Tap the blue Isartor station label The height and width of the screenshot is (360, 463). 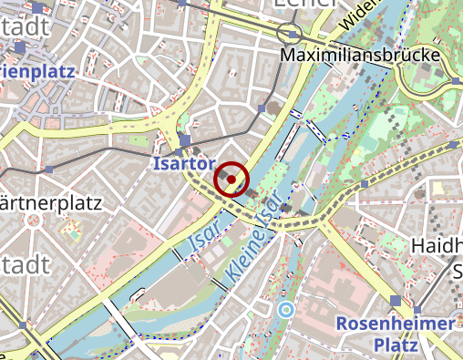[x=183, y=164]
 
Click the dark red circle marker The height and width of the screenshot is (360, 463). [x=231, y=180]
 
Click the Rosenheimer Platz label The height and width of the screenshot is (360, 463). [x=395, y=334]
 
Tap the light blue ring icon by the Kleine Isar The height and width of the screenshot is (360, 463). [x=286, y=310]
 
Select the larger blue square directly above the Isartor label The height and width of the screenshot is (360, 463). [x=185, y=140]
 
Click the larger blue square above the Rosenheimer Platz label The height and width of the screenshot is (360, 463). [x=395, y=301]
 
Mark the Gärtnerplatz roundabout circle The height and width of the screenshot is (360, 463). [x=33, y=220]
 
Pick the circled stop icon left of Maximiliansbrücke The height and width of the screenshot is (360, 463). [x=291, y=34]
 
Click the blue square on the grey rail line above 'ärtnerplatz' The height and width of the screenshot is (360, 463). [x=48, y=170]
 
